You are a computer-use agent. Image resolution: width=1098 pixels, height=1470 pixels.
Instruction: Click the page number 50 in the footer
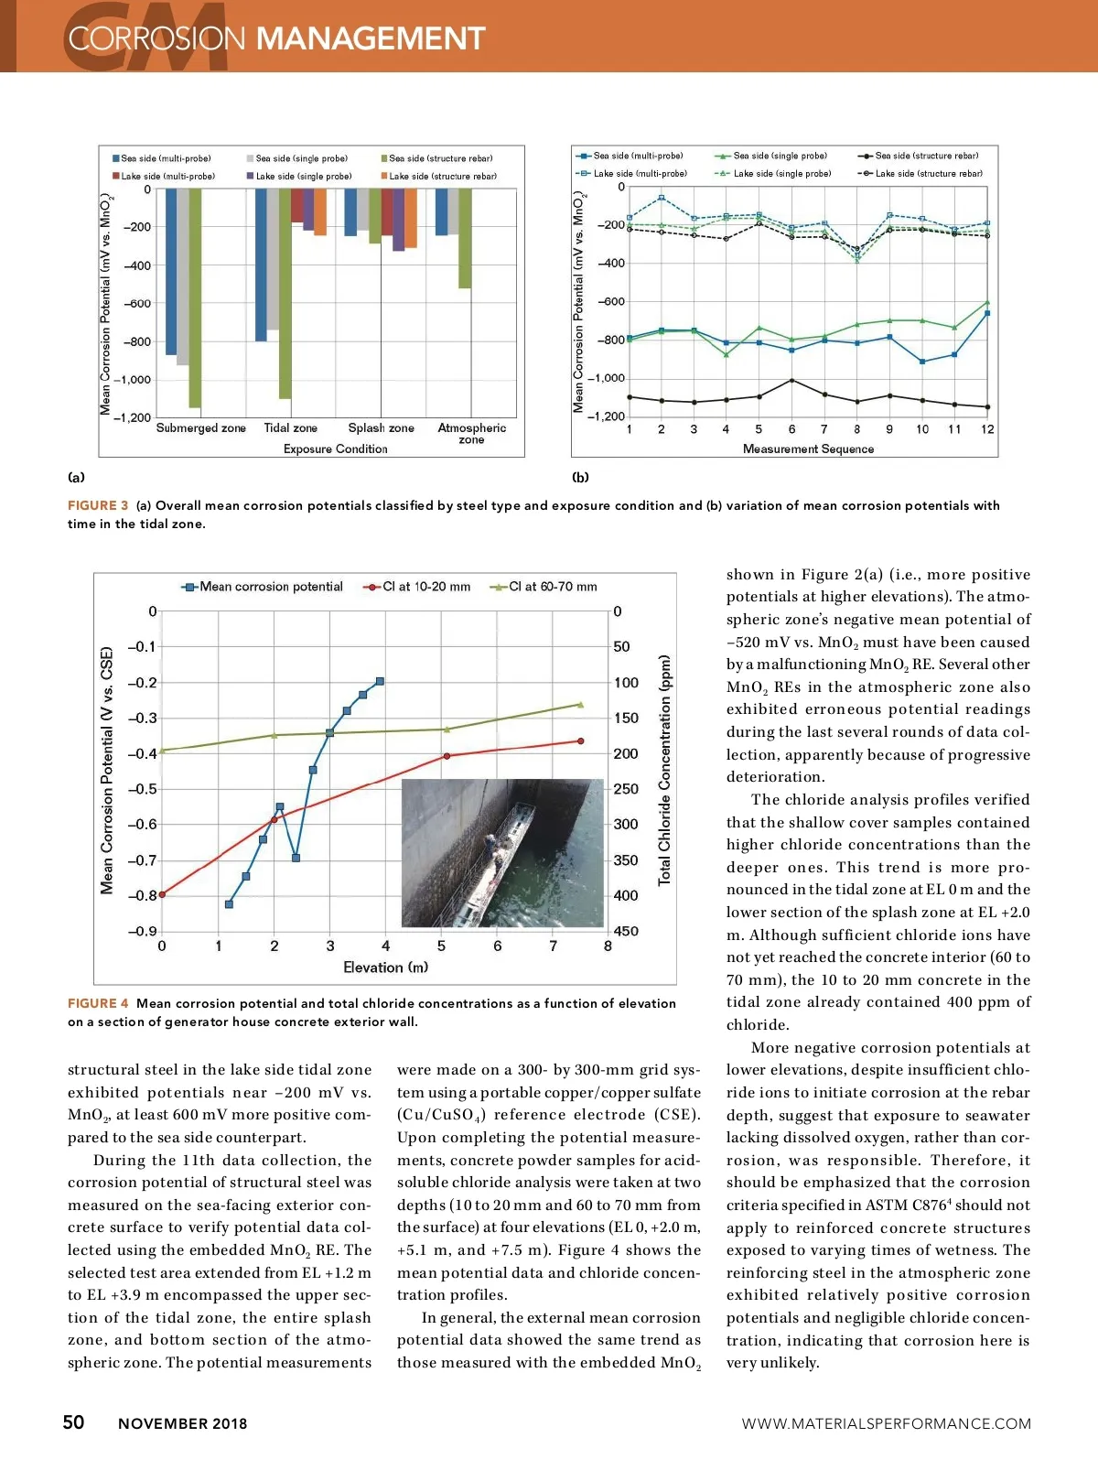point(73,1421)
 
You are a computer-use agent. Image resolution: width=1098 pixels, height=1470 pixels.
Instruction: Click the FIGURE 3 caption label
point(98,505)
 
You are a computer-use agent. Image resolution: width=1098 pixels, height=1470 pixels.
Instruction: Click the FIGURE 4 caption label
point(98,1003)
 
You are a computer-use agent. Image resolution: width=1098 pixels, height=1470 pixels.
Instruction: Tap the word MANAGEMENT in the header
point(370,38)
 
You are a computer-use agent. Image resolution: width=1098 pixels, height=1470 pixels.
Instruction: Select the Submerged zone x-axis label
point(201,427)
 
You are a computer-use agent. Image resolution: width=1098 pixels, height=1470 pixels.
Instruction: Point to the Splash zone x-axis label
point(381,427)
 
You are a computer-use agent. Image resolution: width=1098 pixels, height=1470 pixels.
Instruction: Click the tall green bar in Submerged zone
point(195,297)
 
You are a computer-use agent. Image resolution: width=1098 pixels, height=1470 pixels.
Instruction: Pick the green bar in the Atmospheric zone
point(465,238)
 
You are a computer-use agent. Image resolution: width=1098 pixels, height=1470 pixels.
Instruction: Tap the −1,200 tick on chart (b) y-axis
point(606,416)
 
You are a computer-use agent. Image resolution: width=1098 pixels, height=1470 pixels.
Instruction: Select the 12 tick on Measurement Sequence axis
point(987,429)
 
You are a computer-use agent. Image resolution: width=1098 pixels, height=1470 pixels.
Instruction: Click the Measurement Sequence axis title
point(808,449)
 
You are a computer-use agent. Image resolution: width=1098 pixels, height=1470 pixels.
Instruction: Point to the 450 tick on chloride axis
point(626,931)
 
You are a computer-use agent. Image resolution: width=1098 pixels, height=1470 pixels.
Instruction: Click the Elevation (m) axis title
point(385,967)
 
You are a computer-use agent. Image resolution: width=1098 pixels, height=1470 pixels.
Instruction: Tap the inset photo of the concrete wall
point(502,852)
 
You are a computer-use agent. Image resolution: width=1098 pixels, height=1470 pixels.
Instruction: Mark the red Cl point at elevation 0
point(162,894)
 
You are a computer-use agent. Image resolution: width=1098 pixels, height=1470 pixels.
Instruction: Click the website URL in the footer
point(886,1423)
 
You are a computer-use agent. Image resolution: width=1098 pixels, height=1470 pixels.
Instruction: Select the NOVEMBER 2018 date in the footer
point(182,1423)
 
